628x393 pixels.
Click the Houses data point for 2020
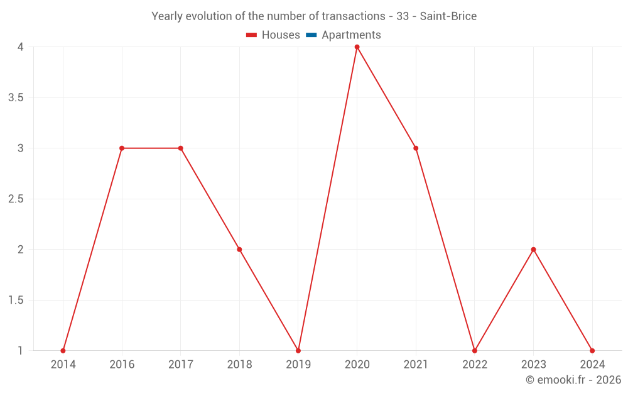(x=357, y=47)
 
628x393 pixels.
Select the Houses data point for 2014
(x=63, y=350)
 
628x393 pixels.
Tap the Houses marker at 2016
(x=122, y=148)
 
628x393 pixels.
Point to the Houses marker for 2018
(x=239, y=250)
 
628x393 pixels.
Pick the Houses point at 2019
(x=298, y=350)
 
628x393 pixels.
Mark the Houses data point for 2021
(x=416, y=148)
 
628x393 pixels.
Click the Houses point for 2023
(x=533, y=250)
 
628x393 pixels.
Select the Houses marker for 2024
(x=592, y=350)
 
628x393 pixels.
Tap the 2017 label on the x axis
(x=180, y=365)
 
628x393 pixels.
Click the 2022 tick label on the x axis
(x=474, y=365)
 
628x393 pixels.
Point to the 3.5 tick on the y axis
(x=16, y=98)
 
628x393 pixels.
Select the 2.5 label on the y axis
(x=16, y=199)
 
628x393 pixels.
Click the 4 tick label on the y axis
(x=21, y=47)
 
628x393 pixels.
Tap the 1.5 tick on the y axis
(x=16, y=301)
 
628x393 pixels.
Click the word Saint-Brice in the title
(x=448, y=16)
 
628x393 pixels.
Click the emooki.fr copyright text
(x=573, y=380)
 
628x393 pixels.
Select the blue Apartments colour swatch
(x=311, y=35)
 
